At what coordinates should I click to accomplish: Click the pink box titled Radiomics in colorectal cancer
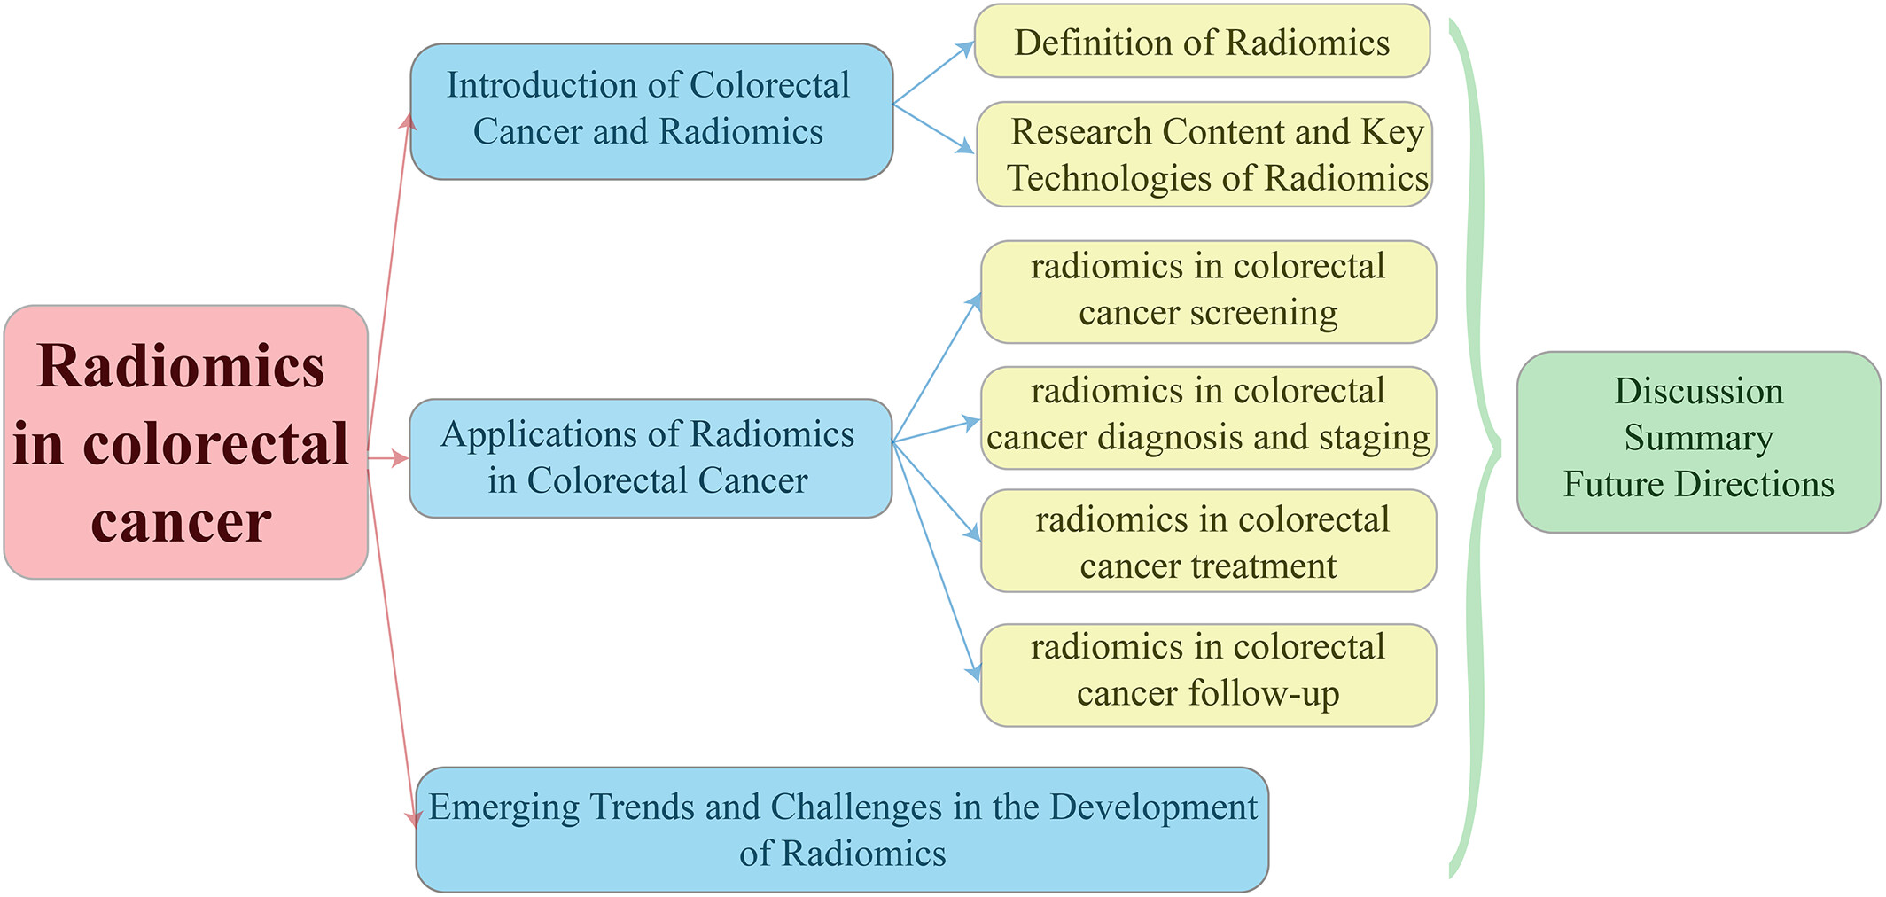click(x=186, y=442)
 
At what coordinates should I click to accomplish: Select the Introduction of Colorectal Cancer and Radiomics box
click(x=651, y=112)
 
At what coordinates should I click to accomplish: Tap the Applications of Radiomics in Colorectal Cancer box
click(x=651, y=458)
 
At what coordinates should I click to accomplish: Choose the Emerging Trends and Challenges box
click(x=842, y=830)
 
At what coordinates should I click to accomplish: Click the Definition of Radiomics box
click(x=1202, y=42)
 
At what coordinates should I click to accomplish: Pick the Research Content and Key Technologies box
click(x=1204, y=154)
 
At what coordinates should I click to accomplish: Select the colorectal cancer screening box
click(x=1209, y=292)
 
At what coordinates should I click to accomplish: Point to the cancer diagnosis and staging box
click(x=1209, y=417)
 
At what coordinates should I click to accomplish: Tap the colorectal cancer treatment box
click(x=1209, y=541)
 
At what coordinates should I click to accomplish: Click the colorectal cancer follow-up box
click(x=1209, y=675)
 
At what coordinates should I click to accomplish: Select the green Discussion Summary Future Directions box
click(x=1699, y=442)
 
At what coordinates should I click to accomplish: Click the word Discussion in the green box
click(x=1699, y=391)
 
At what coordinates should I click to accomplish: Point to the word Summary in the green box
click(x=1699, y=438)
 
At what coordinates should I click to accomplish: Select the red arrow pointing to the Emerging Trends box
click(x=392, y=643)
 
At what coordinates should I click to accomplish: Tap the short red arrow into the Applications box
click(x=388, y=458)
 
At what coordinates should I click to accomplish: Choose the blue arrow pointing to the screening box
click(x=937, y=367)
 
